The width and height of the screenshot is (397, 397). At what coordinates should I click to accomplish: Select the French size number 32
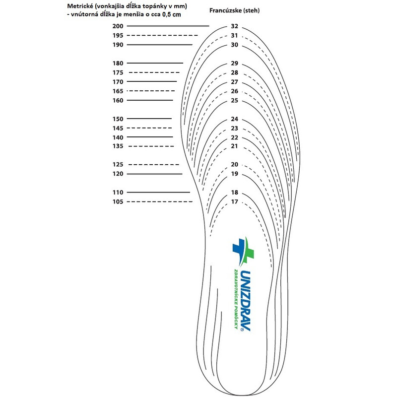tap(235, 26)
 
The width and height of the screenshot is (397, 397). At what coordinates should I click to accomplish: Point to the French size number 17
tap(235, 201)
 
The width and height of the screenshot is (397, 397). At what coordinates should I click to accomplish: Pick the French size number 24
tap(235, 119)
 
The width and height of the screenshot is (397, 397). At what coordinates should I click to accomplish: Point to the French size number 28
tap(235, 72)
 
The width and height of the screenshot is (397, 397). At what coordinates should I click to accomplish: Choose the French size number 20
tap(235, 164)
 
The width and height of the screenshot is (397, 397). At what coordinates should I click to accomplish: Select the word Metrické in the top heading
tap(79, 6)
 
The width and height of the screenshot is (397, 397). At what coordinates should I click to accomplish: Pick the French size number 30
tap(235, 45)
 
